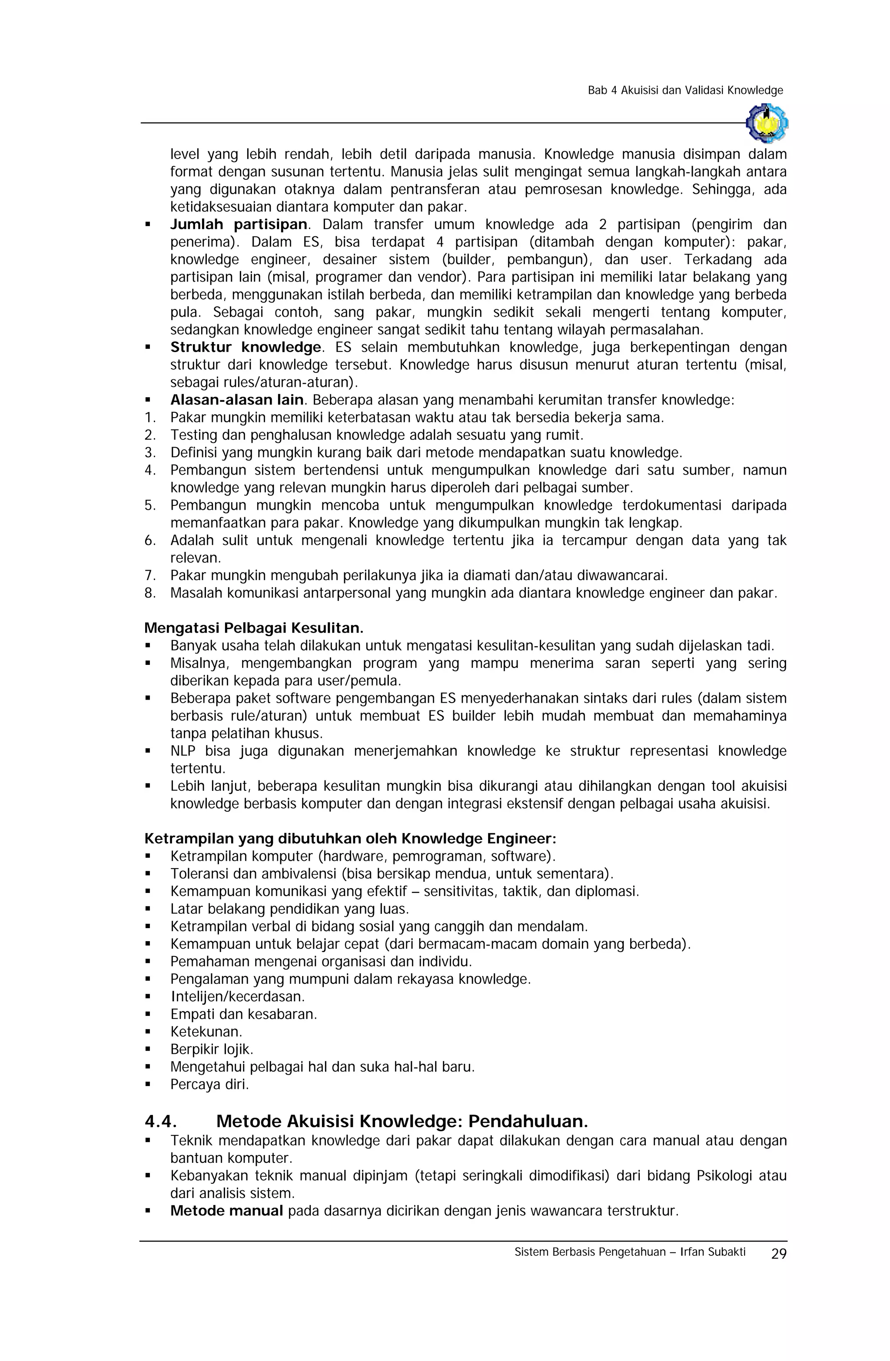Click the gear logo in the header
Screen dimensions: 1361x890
pyautogui.click(x=767, y=123)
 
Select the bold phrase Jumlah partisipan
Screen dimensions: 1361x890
pyautogui.click(x=239, y=224)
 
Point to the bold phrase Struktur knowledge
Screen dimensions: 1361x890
pyautogui.click(x=246, y=347)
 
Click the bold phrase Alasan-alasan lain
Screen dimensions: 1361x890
pyautogui.click(x=236, y=400)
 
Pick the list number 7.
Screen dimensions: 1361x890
pyautogui.click(x=149, y=575)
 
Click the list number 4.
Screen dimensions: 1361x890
pyautogui.click(x=149, y=470)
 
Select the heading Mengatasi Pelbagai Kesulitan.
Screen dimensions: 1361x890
pyautogui.click(x=253, y=628)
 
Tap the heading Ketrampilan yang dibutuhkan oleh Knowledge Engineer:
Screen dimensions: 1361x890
pyautogui.click(x=350, y=838)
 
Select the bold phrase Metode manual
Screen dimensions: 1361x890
pyautogui.click(x=226, y=1211)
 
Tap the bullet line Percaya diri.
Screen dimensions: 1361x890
pyautogui.click(x=209, y=1084)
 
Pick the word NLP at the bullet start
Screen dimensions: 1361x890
pyautogui.click(x=183, y=751)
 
